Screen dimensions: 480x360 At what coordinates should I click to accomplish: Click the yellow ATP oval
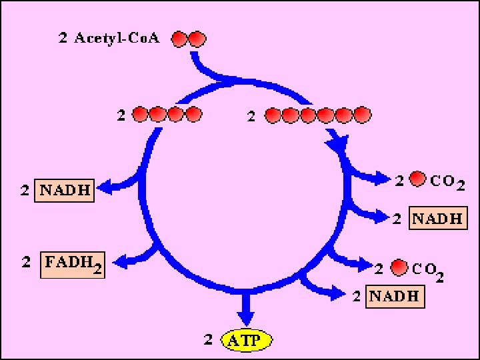point(247,340)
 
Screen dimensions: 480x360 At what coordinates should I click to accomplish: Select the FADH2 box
point(73,265)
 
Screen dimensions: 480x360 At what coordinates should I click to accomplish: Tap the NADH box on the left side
point(64,191)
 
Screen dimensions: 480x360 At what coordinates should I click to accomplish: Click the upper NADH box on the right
point(438,218)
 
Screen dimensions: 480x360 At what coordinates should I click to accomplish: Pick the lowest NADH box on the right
point(395,296)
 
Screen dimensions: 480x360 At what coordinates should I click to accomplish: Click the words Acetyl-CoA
point(117,39)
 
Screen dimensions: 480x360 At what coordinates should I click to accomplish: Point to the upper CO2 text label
point(447,182)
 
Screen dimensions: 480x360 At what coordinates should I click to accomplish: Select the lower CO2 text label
point(428,271)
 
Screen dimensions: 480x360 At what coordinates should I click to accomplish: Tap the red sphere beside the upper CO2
point(417,179)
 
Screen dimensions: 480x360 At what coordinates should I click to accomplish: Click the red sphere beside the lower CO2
point(399,267)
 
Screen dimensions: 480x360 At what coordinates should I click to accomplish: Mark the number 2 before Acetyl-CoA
point(63,38)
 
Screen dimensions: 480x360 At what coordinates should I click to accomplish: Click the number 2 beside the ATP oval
point(208,339)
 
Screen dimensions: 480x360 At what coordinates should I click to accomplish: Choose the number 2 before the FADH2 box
point(26,262)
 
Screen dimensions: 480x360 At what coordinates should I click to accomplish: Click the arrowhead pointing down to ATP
point(246,319)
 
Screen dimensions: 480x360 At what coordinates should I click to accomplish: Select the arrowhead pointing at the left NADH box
point(104,187)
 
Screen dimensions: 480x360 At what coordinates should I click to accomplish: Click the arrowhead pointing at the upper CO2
point(383,178)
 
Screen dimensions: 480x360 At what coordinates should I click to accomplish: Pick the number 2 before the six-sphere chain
point(251,117)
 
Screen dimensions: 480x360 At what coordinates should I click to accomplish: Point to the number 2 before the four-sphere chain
point(121,116)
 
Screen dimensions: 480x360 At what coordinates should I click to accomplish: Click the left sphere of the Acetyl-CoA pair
point(180,39)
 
